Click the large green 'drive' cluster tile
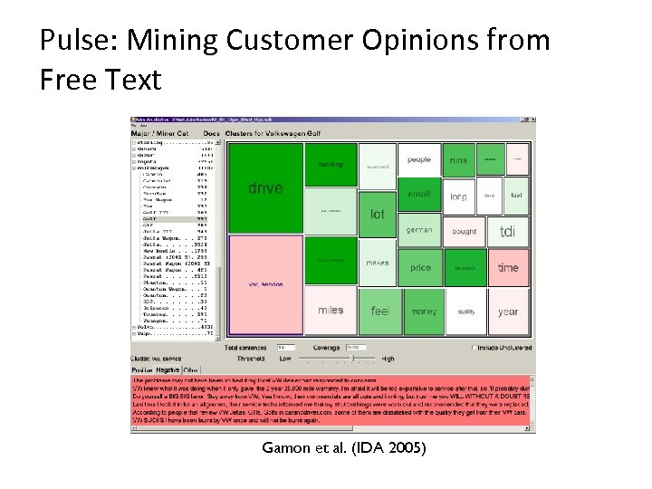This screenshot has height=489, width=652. (265, 187)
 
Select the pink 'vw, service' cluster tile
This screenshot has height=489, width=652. (265, 283)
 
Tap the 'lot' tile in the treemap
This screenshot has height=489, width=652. (378, 214)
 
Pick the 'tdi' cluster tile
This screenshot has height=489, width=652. (507, 232)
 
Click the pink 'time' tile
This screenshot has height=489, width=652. (508, 267)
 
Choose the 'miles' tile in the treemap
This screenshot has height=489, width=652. (331, 311)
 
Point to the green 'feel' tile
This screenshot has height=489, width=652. (380, 311)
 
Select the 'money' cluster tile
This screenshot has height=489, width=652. (423, 311)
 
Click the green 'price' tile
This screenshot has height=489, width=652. (420, 268)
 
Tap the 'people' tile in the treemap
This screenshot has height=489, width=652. (419, 160)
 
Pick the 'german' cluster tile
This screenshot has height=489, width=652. (419, 230)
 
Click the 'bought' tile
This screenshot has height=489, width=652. (464, 232)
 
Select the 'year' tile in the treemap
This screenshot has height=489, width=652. (508, 312)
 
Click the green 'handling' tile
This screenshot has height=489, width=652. (331, 165)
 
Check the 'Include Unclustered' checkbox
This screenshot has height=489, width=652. (474, 347)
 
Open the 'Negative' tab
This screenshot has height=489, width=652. (168, 369)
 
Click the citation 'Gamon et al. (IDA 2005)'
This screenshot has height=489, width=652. (342, 447)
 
